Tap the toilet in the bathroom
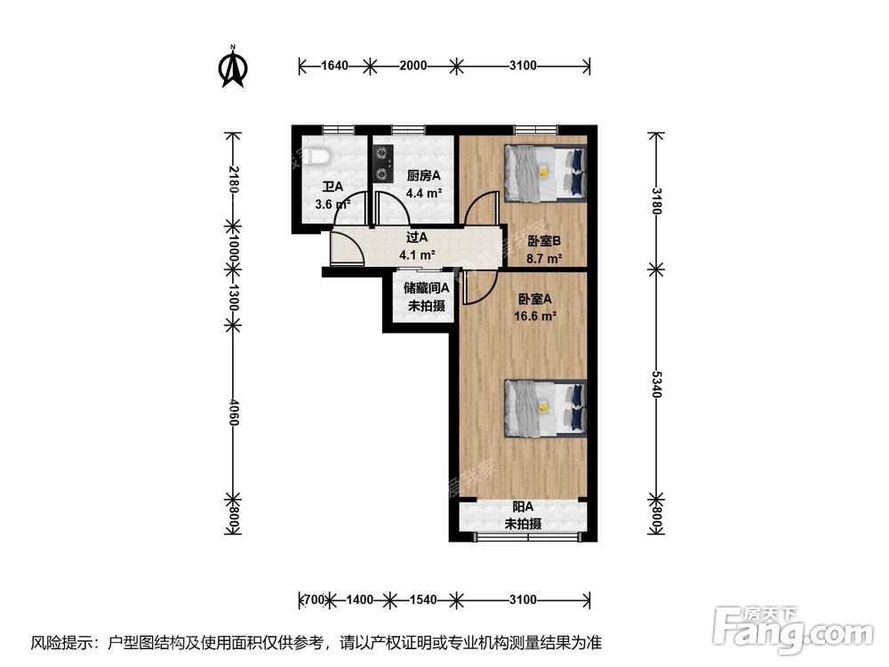[316, 157]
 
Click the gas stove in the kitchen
[383, 164]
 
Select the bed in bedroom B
[545, 173]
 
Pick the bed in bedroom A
[545, 408]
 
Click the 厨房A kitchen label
[423, 176]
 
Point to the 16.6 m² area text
[534, 316]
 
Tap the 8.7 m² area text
[544, 259]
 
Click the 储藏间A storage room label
[427, 287]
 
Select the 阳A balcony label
[523, 507]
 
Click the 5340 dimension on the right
[657, 384]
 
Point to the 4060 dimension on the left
[233, 412]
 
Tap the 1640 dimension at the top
[334, 65]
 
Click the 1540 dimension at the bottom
[423, 599]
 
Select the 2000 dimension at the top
[412, 65]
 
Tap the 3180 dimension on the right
[657, 201]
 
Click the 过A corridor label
[417, 237]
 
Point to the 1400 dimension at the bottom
[359, 599]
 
